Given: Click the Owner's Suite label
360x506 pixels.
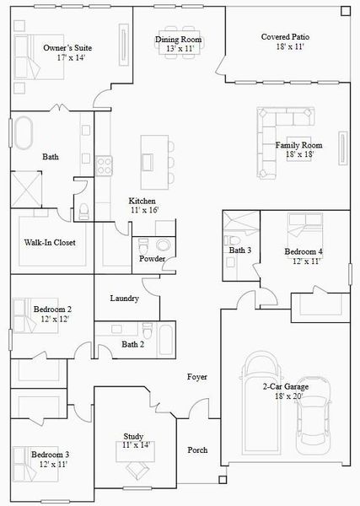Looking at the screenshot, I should [x=67, y=48].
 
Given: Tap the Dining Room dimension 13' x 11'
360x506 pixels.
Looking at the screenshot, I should [x=178, y=50].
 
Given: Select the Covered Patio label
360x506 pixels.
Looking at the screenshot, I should [x=283, y=38].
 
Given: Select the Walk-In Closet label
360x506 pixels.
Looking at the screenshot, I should [x=50, y=243].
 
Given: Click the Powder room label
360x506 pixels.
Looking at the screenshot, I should [x=153, y=258].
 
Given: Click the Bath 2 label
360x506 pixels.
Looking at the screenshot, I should [x=133, y=344].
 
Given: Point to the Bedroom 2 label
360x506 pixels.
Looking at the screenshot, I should [x=51, y=310].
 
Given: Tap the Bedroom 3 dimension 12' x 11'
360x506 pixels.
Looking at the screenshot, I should [x=51, y=465].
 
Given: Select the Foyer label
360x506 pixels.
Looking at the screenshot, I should [x=197, y=377].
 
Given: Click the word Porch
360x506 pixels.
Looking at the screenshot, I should [x=197, y=449].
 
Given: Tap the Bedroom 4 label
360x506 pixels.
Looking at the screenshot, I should [x=303, y=251].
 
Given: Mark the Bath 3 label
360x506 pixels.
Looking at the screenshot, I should [x=240, y=250].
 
